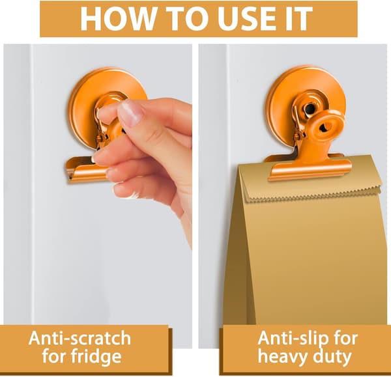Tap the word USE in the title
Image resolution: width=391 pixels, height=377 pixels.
tap(248, 18)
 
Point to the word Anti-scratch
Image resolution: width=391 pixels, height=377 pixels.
tap(80, 338)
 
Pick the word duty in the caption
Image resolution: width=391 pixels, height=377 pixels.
tap(332, 357)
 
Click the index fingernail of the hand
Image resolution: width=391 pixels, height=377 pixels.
tap(131, 113)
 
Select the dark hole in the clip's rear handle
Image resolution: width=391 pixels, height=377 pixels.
tap(310, 108)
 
